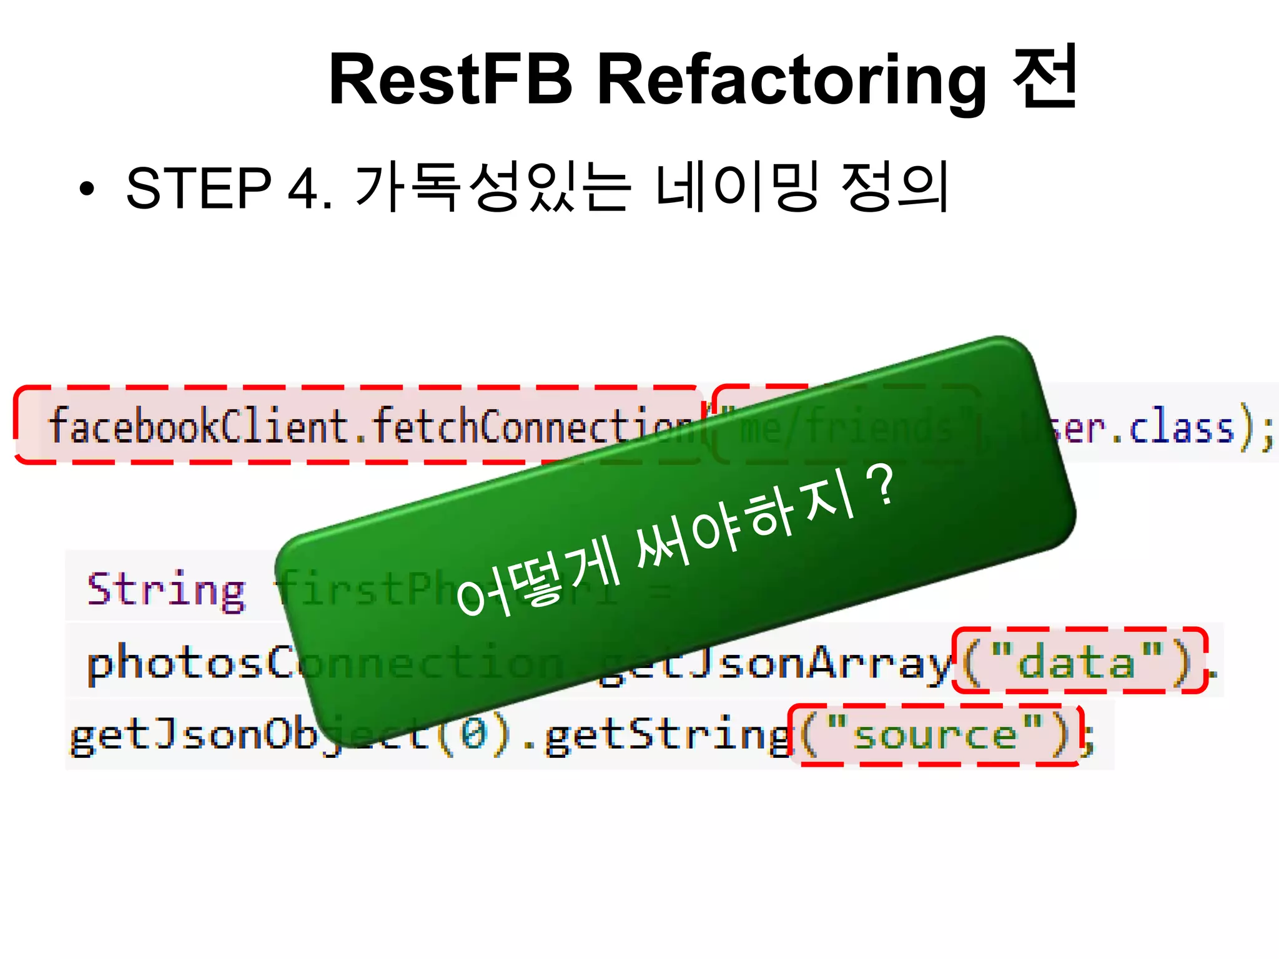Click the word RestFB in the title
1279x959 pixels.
tap(450, 79)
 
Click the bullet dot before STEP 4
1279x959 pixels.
tap(87, 189)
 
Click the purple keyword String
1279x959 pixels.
tap(166, 589)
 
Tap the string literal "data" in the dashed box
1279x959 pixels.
tap(1076, 662)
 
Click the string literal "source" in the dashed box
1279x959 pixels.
tap(934, 734)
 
